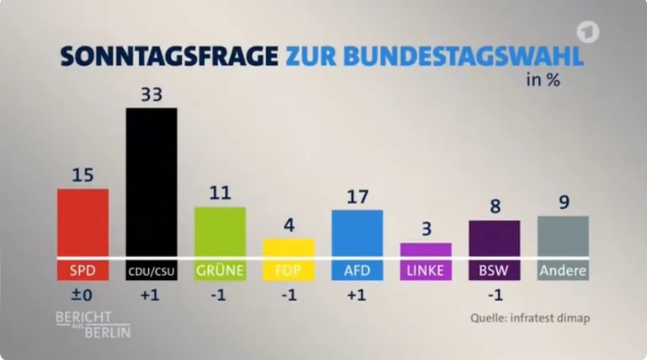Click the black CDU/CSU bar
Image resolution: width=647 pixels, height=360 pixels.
tap(151, 181)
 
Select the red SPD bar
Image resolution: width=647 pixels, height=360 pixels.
tap(83, 222)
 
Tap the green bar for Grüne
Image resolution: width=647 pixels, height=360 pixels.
tap(220, 231)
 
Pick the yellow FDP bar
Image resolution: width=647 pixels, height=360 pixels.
tap(288, 247)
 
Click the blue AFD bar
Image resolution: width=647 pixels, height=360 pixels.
tap(357, 233)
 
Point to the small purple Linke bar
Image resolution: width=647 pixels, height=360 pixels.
tap(425, 249)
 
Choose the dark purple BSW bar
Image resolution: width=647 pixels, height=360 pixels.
tap(495, 238)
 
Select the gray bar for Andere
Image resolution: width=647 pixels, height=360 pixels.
tap(563, 236)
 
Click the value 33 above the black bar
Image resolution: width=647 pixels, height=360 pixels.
tap(151, 93)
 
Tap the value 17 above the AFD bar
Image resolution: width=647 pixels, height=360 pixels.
tap(357, 196)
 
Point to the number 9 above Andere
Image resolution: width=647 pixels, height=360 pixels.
tap(564, 201)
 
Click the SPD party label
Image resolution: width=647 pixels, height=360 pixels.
tap(83, 271)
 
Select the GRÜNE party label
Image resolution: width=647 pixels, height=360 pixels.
tap(220, 271)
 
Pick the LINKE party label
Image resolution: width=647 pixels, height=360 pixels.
tap(425, 271)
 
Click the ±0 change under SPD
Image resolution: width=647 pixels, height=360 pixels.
tap(83, 296)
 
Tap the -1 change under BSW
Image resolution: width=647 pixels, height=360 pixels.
tap(495, 296)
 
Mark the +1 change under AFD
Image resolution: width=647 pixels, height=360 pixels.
tap(357, 296)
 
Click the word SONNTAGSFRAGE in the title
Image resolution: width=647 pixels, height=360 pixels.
tap(168, 56)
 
